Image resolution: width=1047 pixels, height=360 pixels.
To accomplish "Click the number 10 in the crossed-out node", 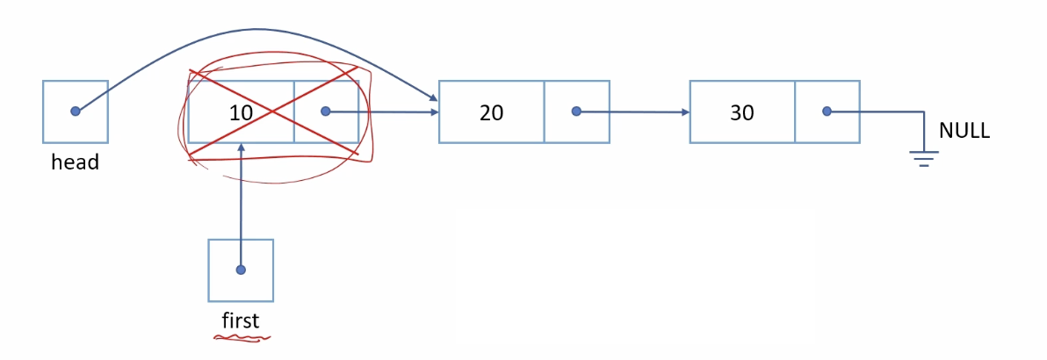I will [x=240, y=112].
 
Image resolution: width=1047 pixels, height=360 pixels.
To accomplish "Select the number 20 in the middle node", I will [x=491, y=112].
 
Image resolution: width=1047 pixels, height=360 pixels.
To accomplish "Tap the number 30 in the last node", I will [x=742, y=112].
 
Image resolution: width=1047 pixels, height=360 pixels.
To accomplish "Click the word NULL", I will [x=964, y=132].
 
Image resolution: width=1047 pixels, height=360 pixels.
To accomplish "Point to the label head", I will [x=75, y=162].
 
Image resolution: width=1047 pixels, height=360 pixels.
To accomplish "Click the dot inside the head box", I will [x=76, y=112].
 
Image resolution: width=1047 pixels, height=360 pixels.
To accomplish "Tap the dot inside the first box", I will [x=241, y=270].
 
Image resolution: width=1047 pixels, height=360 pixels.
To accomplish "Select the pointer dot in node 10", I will [x=326, y=112].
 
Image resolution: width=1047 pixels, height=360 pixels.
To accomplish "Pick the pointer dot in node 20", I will [x=576, y=112].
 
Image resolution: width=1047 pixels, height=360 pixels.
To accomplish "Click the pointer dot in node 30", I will [x=827, y=112].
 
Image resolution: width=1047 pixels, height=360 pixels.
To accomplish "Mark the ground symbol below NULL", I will [x=923, y=157].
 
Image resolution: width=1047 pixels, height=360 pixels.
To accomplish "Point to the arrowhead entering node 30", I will [x=684, y=112].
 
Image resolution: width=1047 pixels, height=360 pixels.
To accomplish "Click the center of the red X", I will [x=273, y=112].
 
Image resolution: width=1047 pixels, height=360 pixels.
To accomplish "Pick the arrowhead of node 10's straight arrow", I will [x=434, y=112].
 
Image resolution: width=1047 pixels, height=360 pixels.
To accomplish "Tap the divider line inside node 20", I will [x=545, y=112].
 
